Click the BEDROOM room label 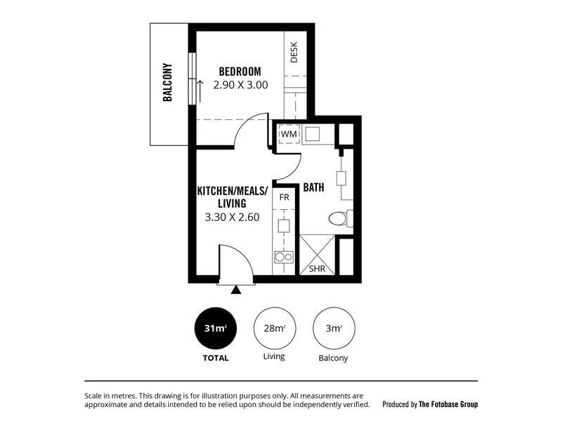pyautogui.click(x=240, y=72)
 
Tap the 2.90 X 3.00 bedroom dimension pyautogui.click(x=240, y=85)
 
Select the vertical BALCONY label pyautogui.click(x=167, y=82)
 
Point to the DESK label pyautogui.click(x=294, y=52)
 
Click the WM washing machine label pyautogui.click(x=289, y=134)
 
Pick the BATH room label pyautogui.click(x=313, y=187)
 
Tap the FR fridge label pyautogui.click(x=285, y=197)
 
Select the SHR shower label pyautogui.click(x=317, y=269)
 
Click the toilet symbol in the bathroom pyautogui.click(x=341, y=218)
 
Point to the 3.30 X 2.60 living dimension pyautogui.click(x=233, y=217)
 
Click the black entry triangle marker pyautogui.click(x=236, y=290)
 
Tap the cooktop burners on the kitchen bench pyautogui.click(x=284, y=257)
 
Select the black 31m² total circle pyautogui.click(x=216, y=328)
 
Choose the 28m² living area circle pyautogui.click(x=275, y=328)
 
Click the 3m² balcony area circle pyautogui.click(x=334, y=328)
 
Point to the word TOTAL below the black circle pyautogui.click(x=216, y=358)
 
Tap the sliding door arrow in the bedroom pyautogui.click(x=200, y=91)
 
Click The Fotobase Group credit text pyautogui.click(x=448, y=404)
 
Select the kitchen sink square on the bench pyautogui.click(x=284, y=226)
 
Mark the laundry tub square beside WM pyautogui.click(x=312, y=134)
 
